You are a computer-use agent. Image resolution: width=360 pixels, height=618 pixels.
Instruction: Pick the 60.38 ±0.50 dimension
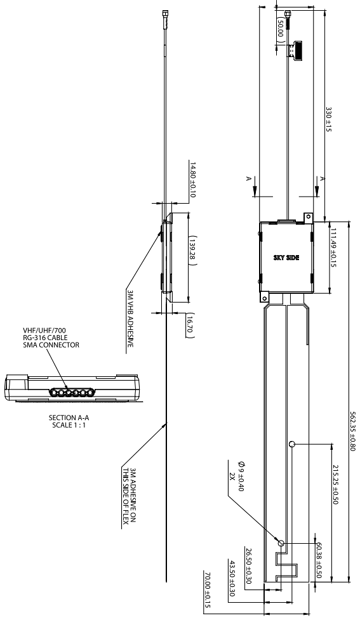coord(319,556)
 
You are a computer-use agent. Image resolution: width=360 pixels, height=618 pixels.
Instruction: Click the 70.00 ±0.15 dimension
coord(207,589)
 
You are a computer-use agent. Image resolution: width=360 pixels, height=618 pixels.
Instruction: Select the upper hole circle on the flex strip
coord(291,445)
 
